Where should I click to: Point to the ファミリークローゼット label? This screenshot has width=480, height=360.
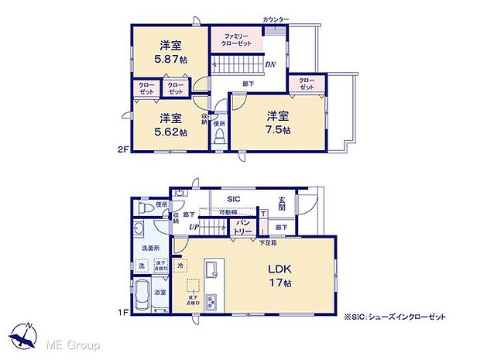point(236,41)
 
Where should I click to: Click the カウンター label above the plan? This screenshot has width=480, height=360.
point(276,18)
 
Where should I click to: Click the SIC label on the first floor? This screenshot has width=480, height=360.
point(233,199)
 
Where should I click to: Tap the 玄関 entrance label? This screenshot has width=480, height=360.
point(283,204)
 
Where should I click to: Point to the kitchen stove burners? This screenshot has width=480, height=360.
point(213,300)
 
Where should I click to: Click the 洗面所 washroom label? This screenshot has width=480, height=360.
point(150,248)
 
